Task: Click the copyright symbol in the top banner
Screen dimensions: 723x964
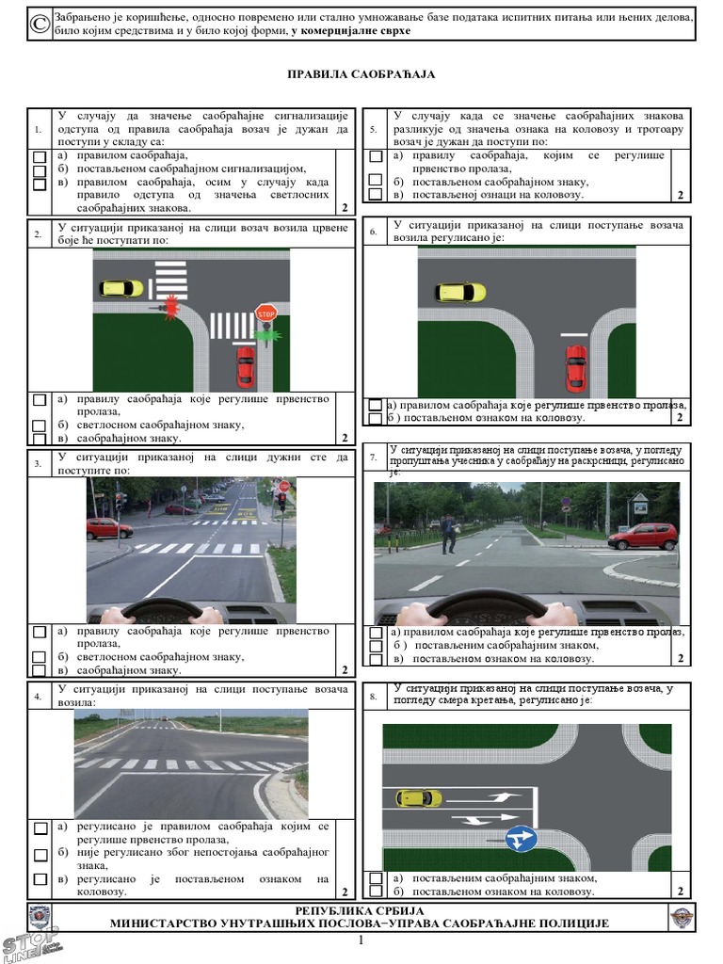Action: point(40,24)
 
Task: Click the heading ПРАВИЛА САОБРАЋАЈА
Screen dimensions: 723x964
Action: point(361,74)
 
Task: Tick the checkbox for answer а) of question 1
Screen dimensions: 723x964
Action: point(40,157)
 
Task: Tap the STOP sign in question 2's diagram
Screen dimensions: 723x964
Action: point(265,313)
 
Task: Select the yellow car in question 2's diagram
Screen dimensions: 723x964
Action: point(121,288)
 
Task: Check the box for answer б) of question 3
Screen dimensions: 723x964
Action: point(40,657)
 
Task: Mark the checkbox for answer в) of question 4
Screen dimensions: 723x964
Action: point(40,879)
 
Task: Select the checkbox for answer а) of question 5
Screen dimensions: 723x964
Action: point(375,156)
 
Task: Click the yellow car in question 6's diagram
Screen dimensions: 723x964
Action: point(459,293)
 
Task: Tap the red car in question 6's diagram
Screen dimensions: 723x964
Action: point(577,368)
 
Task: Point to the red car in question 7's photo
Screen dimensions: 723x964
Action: point(643,537)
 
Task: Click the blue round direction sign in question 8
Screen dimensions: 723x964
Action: point(521,839)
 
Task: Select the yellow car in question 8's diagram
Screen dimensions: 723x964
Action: point(419,798)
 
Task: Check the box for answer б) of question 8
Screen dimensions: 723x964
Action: point(376,892)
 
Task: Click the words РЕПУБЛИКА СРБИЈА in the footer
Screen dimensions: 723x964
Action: point(360,910)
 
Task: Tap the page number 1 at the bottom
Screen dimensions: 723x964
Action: point(361,940)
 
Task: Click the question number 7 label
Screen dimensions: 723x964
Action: point(374,458)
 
